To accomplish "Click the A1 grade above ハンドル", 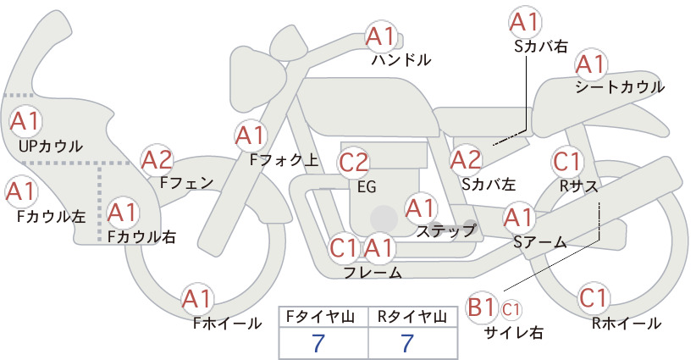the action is [x=380, y=37].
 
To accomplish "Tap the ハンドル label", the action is [x=400, y=60].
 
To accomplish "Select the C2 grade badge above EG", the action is [x=354, y=163].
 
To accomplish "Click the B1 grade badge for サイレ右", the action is [x=481, y=307].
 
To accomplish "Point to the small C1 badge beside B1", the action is [x=511, y=309].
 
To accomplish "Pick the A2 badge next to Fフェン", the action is [x=157, y=160].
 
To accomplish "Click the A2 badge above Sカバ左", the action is [x=466, y=160].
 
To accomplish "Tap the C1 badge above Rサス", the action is [x=566, y=161].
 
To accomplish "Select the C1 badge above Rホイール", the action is [x=594, y=298].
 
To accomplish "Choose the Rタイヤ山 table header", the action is [x=412, y=317].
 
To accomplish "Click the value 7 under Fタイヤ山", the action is [x=318, y=343].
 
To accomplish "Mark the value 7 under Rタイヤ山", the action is [x=407, y=343].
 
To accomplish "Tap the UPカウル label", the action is [x=51, y=147].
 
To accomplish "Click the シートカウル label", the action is [x=620, y=87].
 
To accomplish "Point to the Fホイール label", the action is [x=227, y=324].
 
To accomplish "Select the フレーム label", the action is [x=373, y=272].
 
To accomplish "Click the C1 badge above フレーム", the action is [x=344, y=248].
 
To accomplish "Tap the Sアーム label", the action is [x=539, y=242].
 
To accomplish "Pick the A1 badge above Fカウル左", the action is [x=20, y=192].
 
